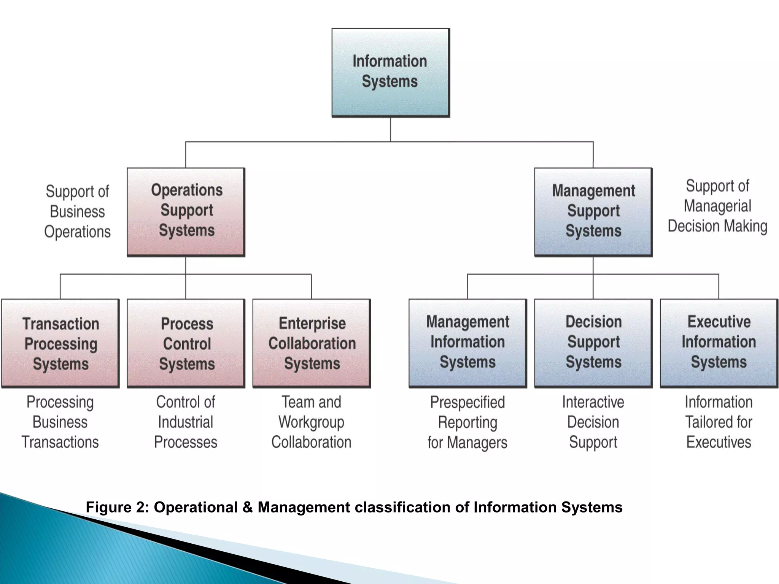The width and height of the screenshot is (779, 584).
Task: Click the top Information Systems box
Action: [x=390, y=72]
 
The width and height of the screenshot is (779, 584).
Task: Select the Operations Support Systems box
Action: [x=186, y=211]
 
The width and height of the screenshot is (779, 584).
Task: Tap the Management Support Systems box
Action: [x=593, y=211]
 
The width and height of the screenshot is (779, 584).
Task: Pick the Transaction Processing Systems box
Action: [x=60, y=343]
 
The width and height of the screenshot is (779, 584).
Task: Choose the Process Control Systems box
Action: [x=186, y=343]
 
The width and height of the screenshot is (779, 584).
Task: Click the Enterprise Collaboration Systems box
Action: [x=312, y=343]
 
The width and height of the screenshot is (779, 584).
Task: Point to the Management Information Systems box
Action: [x=467, y=343]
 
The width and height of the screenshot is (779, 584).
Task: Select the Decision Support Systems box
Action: [x=593, y=343]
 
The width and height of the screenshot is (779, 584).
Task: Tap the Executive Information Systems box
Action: [x=719, y=343]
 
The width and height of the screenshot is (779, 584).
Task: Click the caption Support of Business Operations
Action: [x=77, y=211]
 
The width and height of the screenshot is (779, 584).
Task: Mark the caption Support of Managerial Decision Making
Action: [x=717, y=206]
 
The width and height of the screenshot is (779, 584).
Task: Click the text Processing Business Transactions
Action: [x=60, y=422]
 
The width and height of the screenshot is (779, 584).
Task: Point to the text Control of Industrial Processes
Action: [x=186, y=422]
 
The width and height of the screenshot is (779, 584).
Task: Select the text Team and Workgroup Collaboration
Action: [x=311, y=422]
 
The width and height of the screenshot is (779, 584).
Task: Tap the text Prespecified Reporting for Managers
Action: [x=467, y=422]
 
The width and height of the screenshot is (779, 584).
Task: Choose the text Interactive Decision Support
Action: [x=593, y=422]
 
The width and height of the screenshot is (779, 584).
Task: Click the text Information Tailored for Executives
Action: [x=719, y=422]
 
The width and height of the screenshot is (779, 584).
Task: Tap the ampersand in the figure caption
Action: [x=247, y=507]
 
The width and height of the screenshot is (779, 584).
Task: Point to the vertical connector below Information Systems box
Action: [x=390, y=129]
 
